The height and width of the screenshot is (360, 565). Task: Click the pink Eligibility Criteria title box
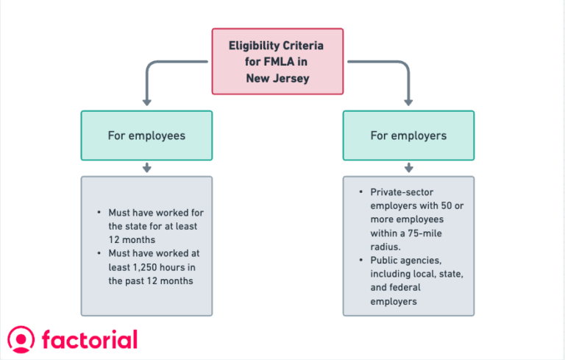[x=277, y=61]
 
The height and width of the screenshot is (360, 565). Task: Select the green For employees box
[x=146, y=135]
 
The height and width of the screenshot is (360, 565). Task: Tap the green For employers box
[x=408, y=135]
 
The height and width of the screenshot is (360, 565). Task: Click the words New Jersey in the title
[x=277, y=77]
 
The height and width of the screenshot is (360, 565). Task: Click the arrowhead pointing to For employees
[x=146, y=101]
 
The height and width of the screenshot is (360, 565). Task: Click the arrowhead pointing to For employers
[x=408, y=101]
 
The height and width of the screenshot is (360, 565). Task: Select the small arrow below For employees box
[x=146, y=169]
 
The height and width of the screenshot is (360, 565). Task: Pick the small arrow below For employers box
[x=408, y=169]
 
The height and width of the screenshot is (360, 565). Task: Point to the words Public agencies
[x=405, y=260]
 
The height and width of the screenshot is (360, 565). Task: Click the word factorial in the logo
[x=89, y=339]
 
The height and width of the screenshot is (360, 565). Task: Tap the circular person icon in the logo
[x=21, y=339]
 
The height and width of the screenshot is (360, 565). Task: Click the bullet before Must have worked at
[x=99, y=253]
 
